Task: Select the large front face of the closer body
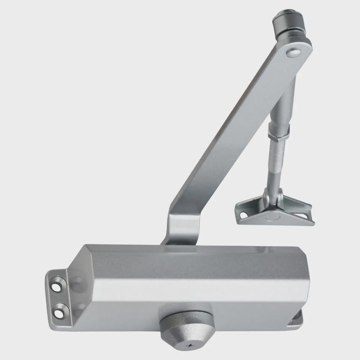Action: point(189,288)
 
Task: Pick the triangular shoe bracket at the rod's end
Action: point(274,211)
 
